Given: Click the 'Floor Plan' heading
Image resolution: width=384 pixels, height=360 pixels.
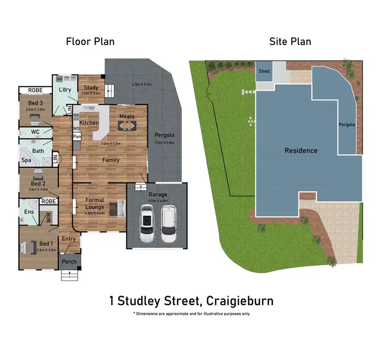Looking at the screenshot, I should [x=90, y=41].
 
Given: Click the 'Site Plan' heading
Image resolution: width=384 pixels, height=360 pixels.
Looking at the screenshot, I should [x=290, y=41].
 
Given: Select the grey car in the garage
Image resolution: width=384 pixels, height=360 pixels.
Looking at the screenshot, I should [x=168, y=224].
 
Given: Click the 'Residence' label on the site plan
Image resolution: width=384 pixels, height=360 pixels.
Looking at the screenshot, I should [x=301, y=150].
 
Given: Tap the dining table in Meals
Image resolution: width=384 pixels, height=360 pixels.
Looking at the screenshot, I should [x=127, y=124].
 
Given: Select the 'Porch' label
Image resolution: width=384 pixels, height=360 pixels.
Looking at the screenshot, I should [x=69, y=262].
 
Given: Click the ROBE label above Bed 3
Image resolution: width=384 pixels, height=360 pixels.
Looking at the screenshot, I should [x=35, y=91].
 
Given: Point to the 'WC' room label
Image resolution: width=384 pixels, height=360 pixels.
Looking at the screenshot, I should [x=35, y=132].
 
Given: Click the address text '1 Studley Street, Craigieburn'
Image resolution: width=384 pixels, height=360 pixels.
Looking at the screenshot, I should [x=191, y=301].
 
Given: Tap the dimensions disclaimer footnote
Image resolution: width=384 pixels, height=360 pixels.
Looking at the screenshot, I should [x=191, y=313].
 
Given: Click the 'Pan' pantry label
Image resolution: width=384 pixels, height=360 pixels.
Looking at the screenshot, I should [x=77, y=137].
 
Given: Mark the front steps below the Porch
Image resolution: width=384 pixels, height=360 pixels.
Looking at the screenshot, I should [x=68, y=276].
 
